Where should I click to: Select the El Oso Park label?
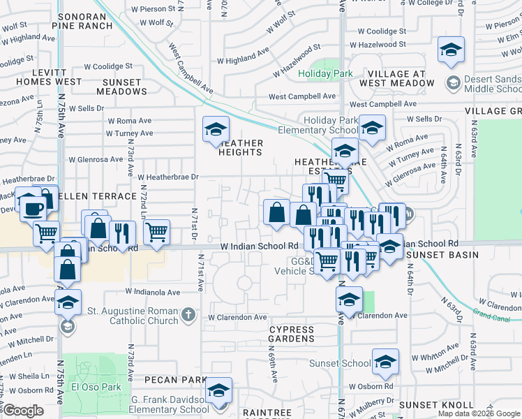tap(96, 387)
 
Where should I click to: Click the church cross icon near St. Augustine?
tap(187, 315)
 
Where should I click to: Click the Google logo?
tap(23, 411)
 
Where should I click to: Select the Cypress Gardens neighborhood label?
tap(292, 333)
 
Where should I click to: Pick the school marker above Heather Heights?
tap(216, 129)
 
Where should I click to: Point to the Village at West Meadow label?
tap(396, 78)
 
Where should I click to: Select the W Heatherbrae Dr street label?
tap(169, 177)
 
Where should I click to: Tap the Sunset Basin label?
tap(442, 255)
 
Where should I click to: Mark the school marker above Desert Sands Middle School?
tap(451, 50)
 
